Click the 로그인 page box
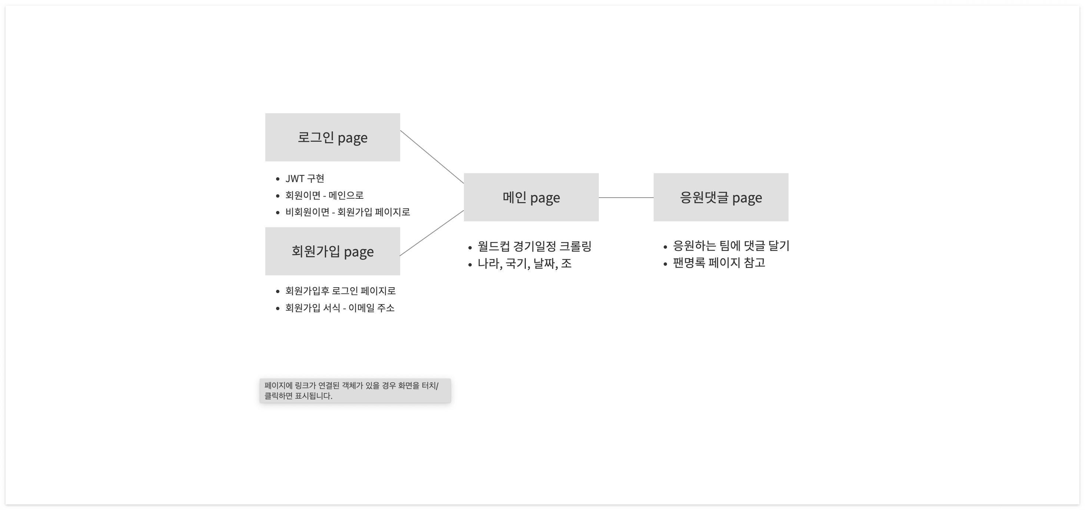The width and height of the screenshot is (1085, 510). [x=332, y=137]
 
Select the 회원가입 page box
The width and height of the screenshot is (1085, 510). [x=332, y=251]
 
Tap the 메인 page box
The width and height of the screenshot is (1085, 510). [x=531, y=197]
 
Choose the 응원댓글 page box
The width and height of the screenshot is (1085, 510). [x=721, y=197]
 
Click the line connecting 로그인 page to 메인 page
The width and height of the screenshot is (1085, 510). [x=432, y=157]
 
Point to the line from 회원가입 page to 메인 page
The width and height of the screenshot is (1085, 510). [x=432, y=233]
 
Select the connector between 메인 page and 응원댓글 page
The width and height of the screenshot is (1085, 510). [x=626, y=197]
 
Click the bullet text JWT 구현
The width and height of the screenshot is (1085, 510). [x=305, y=178]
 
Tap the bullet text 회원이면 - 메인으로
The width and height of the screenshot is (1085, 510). [x=324, y=195]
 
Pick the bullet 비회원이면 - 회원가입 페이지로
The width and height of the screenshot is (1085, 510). [x=348, y=212]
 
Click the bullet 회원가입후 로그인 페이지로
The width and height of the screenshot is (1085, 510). [x=340, y=291]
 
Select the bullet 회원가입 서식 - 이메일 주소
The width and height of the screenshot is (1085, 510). [x=339, y=308]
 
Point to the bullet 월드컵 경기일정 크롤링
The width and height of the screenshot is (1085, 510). [x=534, y=246]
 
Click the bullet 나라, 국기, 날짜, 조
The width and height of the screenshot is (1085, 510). [x=524, y=264]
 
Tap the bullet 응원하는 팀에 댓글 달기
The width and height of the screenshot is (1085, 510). [x=731, y=246]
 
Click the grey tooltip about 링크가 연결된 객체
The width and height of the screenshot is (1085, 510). [x=355, y=390]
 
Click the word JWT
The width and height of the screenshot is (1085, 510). [x=295, y=179]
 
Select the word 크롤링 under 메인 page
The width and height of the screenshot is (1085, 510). [x=575, y=246]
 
